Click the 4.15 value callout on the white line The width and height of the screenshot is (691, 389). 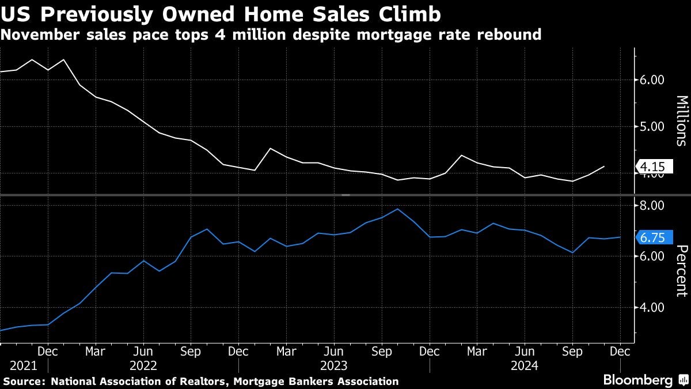point(652,167)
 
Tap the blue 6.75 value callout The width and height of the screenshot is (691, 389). point(652,237)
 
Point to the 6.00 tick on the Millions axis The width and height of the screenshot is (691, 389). point(652,80)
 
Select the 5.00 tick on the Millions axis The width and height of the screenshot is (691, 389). point(652,126)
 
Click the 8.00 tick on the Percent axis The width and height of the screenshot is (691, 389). point(652,205)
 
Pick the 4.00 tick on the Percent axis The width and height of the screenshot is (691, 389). point(652,308)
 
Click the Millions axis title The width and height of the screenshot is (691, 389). point(681,120)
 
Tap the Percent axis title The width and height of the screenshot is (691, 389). point(681,271)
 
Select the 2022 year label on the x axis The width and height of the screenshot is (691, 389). point(143,365)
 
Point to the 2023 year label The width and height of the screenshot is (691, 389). point(334,365)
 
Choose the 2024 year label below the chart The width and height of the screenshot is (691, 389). point(524,365)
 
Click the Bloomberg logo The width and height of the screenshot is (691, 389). point(637,380)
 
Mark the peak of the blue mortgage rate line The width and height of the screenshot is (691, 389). point(398,209)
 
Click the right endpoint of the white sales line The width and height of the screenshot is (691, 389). point(604,167)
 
